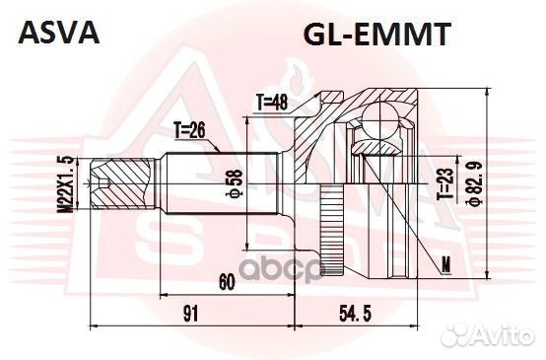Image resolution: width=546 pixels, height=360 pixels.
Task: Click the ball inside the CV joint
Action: coord(378,122)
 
